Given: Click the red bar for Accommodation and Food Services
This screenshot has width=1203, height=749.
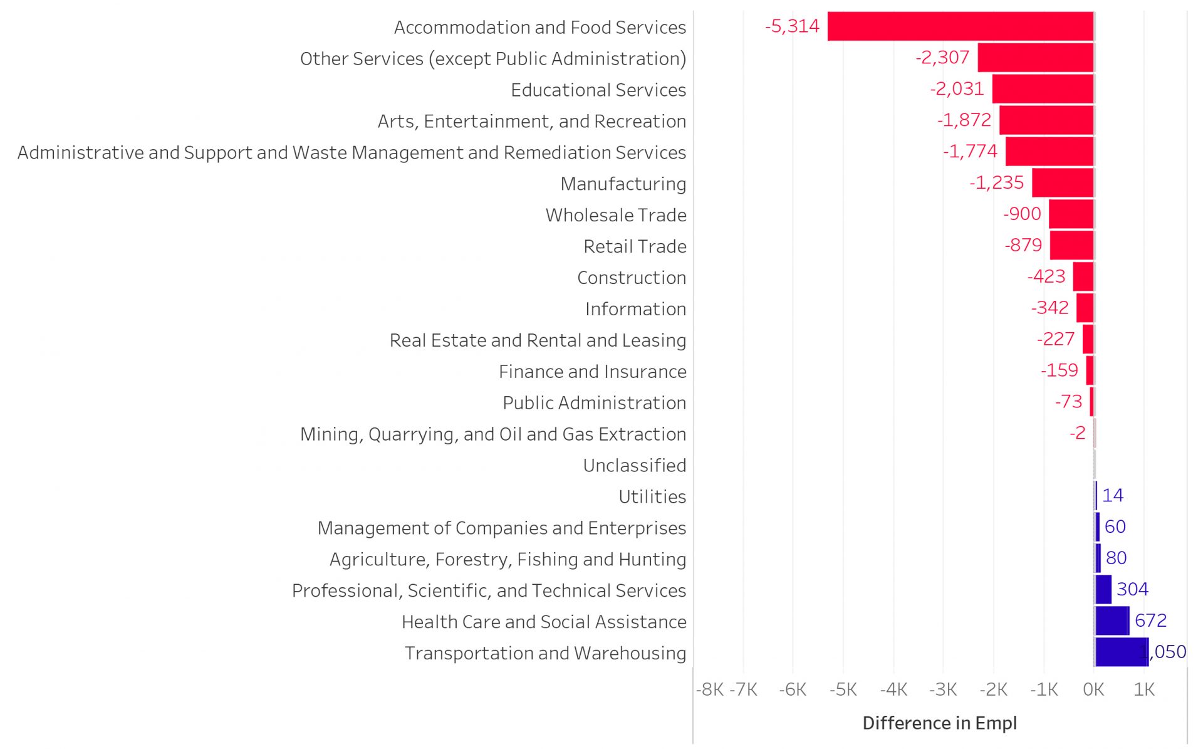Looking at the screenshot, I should click(x=960, y=26).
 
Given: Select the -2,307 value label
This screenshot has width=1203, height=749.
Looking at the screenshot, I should click(x=942, y=58).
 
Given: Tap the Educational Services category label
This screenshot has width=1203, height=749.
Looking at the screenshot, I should click(x=598, y=90).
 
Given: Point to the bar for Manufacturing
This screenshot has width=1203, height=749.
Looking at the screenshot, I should click(x=1063, y=182).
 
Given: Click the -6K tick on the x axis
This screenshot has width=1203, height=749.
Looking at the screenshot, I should click(x=793, y=689).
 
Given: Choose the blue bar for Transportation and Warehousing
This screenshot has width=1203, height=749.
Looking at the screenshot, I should click(x=1121, y=652).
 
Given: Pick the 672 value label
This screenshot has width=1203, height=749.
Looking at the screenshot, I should click(x=1150, y=621).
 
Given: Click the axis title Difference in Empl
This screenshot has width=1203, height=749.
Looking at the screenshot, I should click(x=939, y=723).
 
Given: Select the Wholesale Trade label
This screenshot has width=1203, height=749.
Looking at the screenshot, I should click(x=615, y=215).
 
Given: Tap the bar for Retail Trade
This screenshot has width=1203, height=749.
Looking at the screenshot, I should click(x=1071, y=245).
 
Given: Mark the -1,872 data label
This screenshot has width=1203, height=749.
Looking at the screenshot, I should click(x=964, y=120).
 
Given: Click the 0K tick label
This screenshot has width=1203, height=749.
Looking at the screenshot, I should click(x=1093, y=689).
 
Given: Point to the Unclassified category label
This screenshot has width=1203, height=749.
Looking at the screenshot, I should click(x=634, y=465).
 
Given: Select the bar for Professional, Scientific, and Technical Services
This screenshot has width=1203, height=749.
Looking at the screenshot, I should click(x=1103, y=589).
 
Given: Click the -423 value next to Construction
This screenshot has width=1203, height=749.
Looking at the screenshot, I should click(x=1046, y=276).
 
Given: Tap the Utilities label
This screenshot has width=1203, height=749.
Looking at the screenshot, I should click(x=652, y=496).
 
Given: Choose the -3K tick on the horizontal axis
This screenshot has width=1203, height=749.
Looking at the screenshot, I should click(x=943, y=689).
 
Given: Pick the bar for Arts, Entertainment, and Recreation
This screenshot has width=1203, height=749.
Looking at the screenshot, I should click(x=1046, y=120).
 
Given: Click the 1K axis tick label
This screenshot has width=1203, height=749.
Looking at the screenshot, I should click(x=1143, y=689).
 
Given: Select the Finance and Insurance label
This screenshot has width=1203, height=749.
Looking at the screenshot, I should click(x=592, y=372).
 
